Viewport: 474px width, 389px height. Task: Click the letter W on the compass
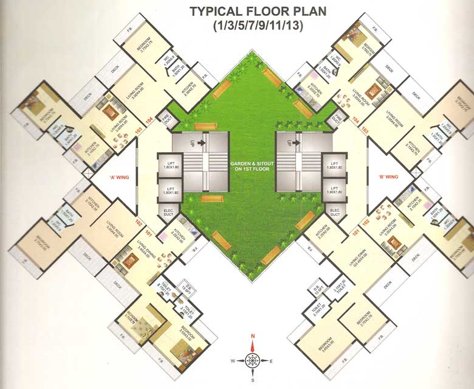233,360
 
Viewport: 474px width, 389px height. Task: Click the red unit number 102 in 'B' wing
366,222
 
